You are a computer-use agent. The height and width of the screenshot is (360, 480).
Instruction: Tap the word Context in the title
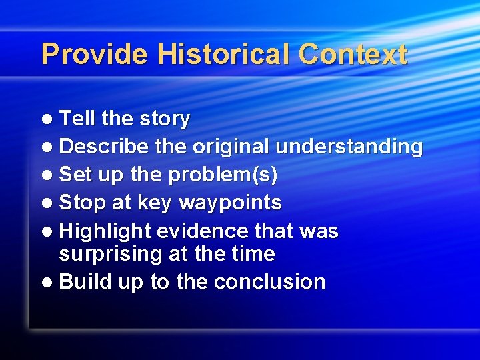[x=353, y=54]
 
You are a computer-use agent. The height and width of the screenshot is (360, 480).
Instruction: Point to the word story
[x=165, y=119]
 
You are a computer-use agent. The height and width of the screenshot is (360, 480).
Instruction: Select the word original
[x=231, y=147]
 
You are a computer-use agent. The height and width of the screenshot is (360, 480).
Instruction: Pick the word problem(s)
[x=223, y=175]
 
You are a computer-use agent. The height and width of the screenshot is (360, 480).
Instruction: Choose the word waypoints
[x=229, y=203]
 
